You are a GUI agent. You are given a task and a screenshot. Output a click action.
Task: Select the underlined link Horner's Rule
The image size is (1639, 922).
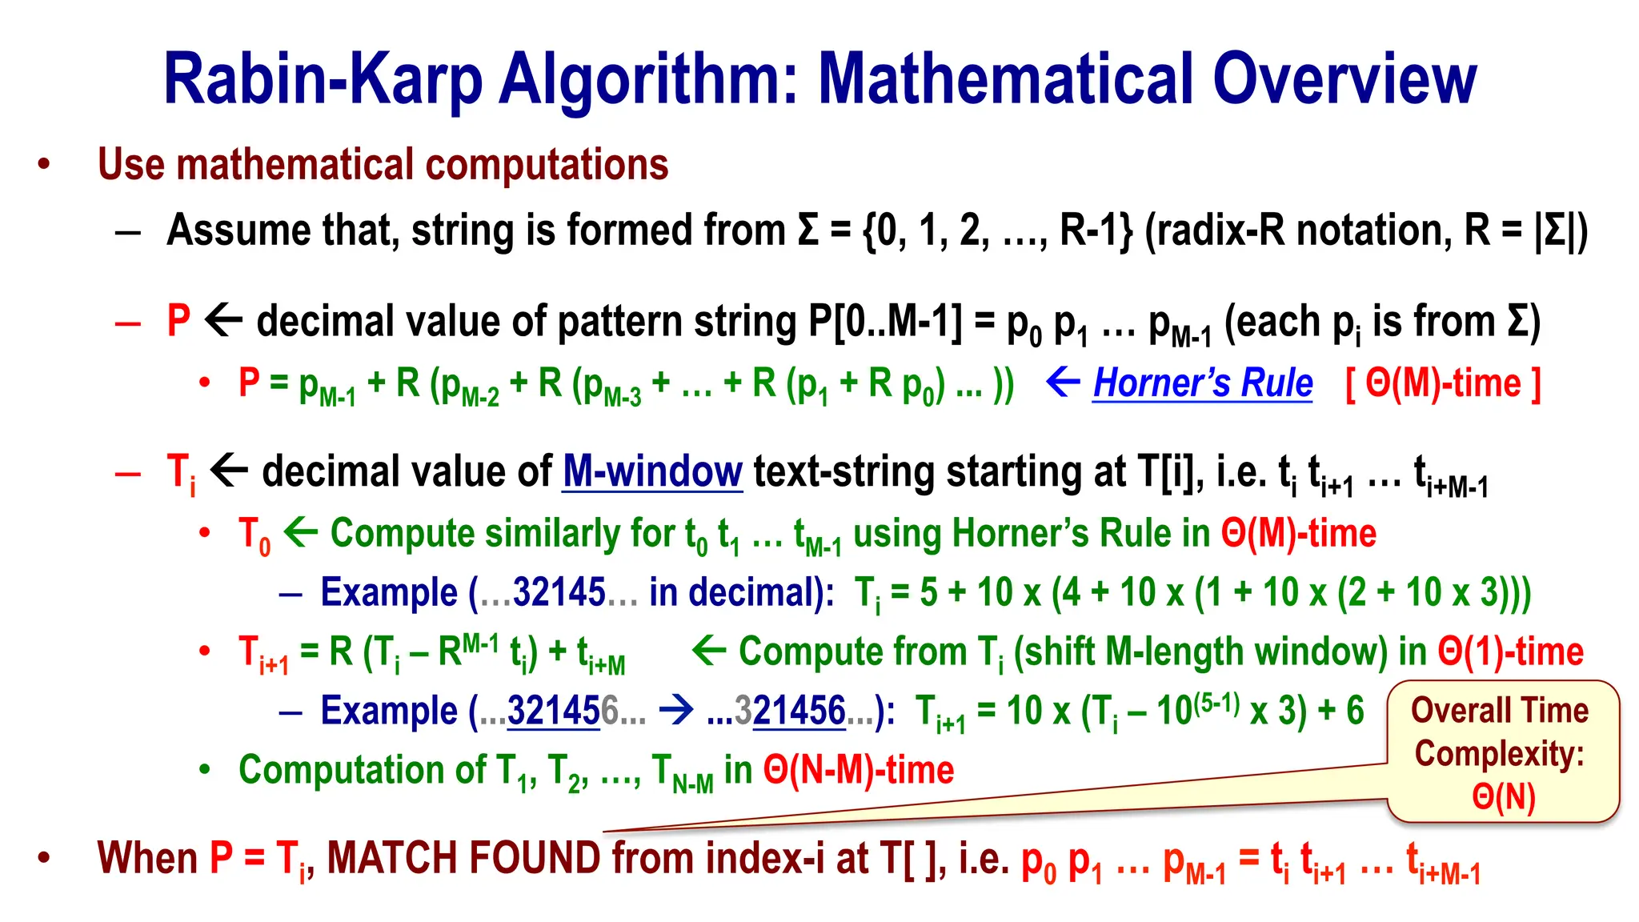[x=1202, y=383]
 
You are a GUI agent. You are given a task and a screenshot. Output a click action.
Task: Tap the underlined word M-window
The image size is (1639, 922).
[x=652, y=471]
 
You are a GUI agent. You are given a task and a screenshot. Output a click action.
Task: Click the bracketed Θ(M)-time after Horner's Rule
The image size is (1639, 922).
[x=1443, y=383]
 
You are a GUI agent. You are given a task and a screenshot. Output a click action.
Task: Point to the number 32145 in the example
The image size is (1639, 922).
[x=559, y=593]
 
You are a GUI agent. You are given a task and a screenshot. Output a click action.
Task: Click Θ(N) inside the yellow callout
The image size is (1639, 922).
[x=1503, y=796]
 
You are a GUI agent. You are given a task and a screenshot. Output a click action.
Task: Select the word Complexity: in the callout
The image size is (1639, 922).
[x=1499, y=753]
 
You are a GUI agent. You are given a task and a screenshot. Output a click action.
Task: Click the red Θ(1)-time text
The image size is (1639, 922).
[x=1510, y=651]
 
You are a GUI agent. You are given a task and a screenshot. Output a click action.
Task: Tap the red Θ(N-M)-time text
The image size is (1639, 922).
[x=858, y=770]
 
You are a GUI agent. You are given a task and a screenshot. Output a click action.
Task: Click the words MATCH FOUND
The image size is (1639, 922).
[x=464, y=858]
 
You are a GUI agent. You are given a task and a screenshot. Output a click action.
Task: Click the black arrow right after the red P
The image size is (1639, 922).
[x=223, y=321]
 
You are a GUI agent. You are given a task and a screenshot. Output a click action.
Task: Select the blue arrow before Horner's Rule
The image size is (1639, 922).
[x=1064, y=383]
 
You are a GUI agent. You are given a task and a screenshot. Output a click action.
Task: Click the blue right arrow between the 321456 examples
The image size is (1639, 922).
[x=676, y=710]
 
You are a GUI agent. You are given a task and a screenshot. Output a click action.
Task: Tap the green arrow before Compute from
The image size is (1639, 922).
[x=708, y=650]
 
